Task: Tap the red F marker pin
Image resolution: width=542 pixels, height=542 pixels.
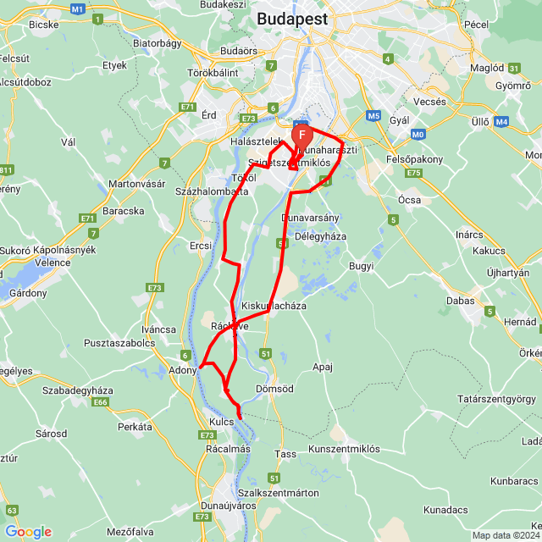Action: [x=302, y=135]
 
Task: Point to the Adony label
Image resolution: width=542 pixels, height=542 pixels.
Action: [x=183, y=370]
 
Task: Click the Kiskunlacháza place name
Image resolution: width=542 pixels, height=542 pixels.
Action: [x=274, y=305]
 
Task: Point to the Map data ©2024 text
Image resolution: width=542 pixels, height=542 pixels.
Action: [x=506, y=535]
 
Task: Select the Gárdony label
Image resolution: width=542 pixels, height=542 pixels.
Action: [x=28, y=293]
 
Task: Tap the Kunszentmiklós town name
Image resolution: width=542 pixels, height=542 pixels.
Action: [x=344, y=448]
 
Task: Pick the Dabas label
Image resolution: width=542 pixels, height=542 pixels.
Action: [x=461, y=300]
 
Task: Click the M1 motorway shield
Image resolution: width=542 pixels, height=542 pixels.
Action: [x=78, y=8]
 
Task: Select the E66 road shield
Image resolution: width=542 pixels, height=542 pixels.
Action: [x=102, y=401]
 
